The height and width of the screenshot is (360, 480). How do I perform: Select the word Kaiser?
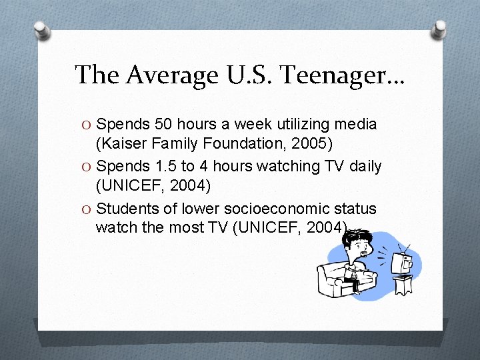119,143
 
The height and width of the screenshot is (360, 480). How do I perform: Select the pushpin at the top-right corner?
439,29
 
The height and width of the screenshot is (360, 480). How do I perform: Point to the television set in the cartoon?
403,263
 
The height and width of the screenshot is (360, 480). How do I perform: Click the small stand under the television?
402,285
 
